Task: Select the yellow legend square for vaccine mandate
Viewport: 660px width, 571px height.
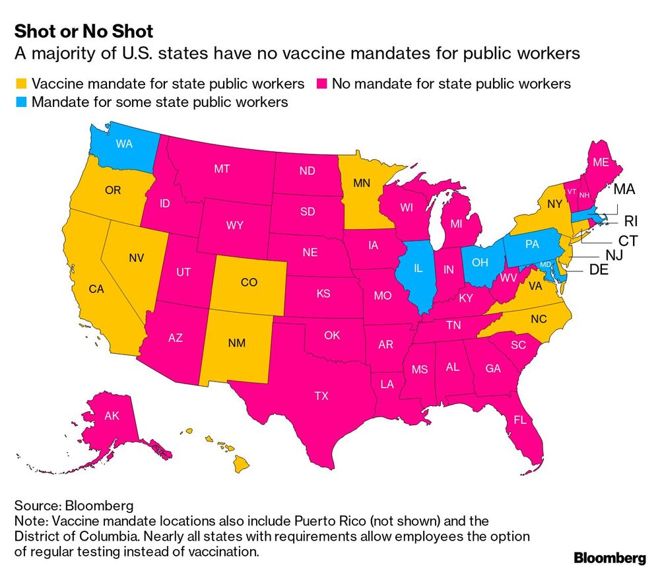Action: pyautogui.click(x=21, y=84)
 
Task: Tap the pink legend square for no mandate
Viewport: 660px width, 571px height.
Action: pyautogui.click(x=320, y=84)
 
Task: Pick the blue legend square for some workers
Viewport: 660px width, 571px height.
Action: pyautogui.click(x=21, y=102)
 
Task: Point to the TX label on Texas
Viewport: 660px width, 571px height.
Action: pyautogui.click(x=321, y=396)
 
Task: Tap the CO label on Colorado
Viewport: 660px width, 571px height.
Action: pyautogui.click(x=249, y=282)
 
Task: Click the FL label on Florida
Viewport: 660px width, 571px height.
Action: pyautogui.click(x=519, y=419)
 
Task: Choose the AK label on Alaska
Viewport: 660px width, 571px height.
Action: pyautogui.click(x=112, y=417)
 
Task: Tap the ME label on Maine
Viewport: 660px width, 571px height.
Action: pyautogui.click(x=601, y=162)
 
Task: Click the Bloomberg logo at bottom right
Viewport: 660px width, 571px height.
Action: pyautogui.click(x=609, y=558)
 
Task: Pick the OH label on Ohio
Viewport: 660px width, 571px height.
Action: pyautogui.click(x=479, y=261)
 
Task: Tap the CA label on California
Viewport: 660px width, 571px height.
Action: pyautogui.click(x=97, y=288)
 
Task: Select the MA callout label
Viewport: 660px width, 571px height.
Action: pyautogui.click(x=624, y=190)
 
